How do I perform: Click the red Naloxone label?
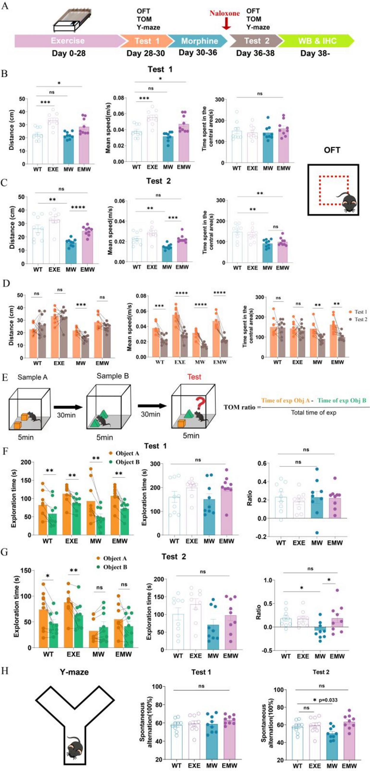pyautogui.click(x=224, y=13)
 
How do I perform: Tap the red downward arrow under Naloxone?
pyautogui.click(x=227, y=24)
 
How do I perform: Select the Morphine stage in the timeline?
pyautogui.click(x=199, y=41)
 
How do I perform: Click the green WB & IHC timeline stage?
pyautogui.click(x=317, y=41)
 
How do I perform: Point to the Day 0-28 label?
pyautogui.click(x=68, y=53)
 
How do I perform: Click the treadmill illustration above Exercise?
pyautogui.click(x=73, y=20)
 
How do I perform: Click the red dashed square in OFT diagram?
pyautogui.click(x=334, y=190)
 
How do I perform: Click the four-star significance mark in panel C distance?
pyautogui.click(x=78, y=207)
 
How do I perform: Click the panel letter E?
pyautogui.click(x=5, y=377)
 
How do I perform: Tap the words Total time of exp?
pyautogui.click(x=313, y=412)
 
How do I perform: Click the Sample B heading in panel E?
pyautogui.click(x=112, y=376)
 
